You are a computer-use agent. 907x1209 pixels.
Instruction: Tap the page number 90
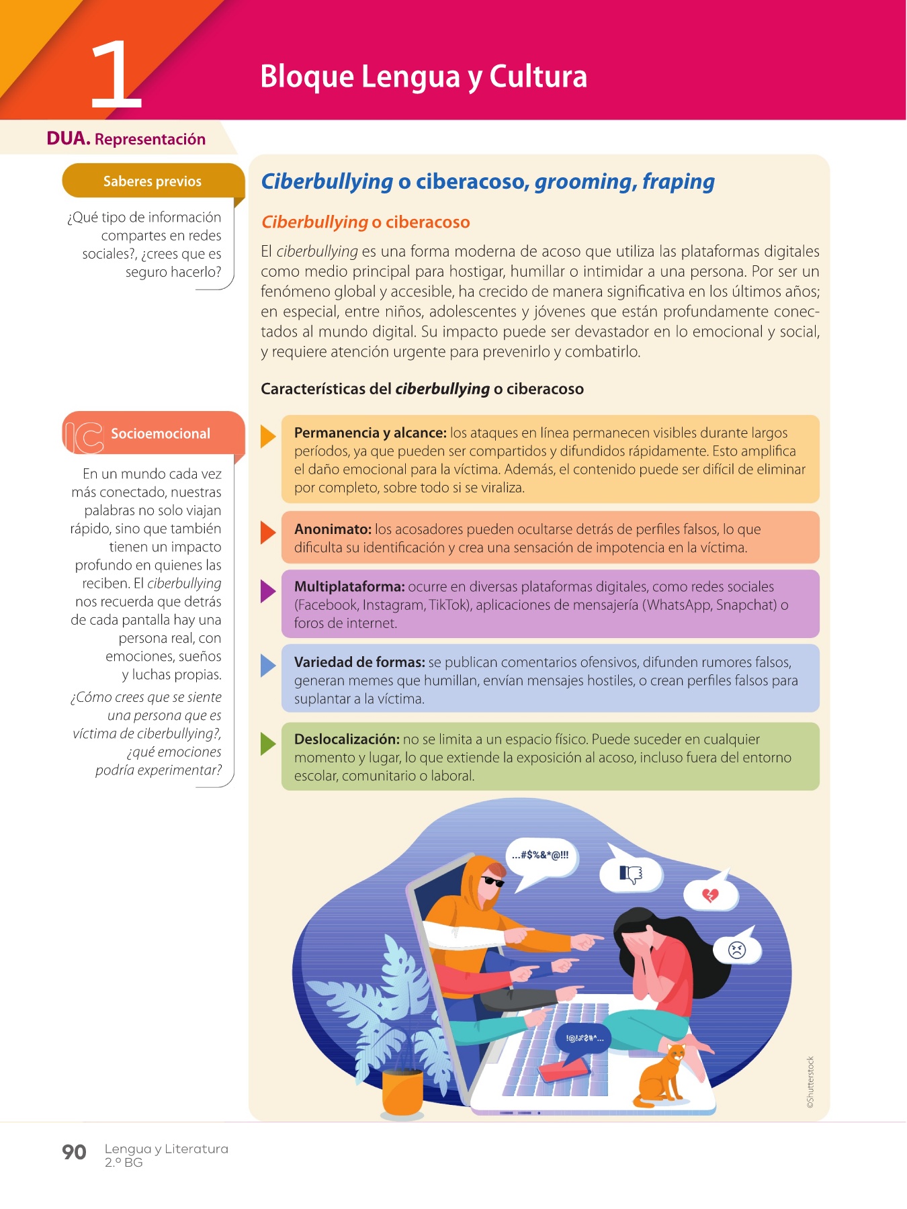coord(74,1152)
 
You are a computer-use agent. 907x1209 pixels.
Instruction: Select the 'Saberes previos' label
coord(153,181)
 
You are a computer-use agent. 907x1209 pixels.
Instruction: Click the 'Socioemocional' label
coord(161,434)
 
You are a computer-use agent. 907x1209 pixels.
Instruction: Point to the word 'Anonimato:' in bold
coord(333,529)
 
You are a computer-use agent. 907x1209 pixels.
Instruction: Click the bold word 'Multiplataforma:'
coord(349,587)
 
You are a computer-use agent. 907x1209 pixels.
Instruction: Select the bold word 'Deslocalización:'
coord(347,740)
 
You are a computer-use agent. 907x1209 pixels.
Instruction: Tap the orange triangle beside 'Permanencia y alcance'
coord(267,437)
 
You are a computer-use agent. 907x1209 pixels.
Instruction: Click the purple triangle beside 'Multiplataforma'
coord(267,591)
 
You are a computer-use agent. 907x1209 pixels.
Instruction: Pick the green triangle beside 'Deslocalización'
coord(267,744)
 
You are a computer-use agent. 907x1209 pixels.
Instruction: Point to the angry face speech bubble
coord(737,950)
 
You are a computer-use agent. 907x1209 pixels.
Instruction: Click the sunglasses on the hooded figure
coord(492,881)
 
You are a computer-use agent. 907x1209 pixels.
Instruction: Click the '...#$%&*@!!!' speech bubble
coord(541,856)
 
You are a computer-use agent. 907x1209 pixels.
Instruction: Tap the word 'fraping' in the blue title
coord(678,181)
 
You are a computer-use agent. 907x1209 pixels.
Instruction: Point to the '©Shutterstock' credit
coord(810,1082)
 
